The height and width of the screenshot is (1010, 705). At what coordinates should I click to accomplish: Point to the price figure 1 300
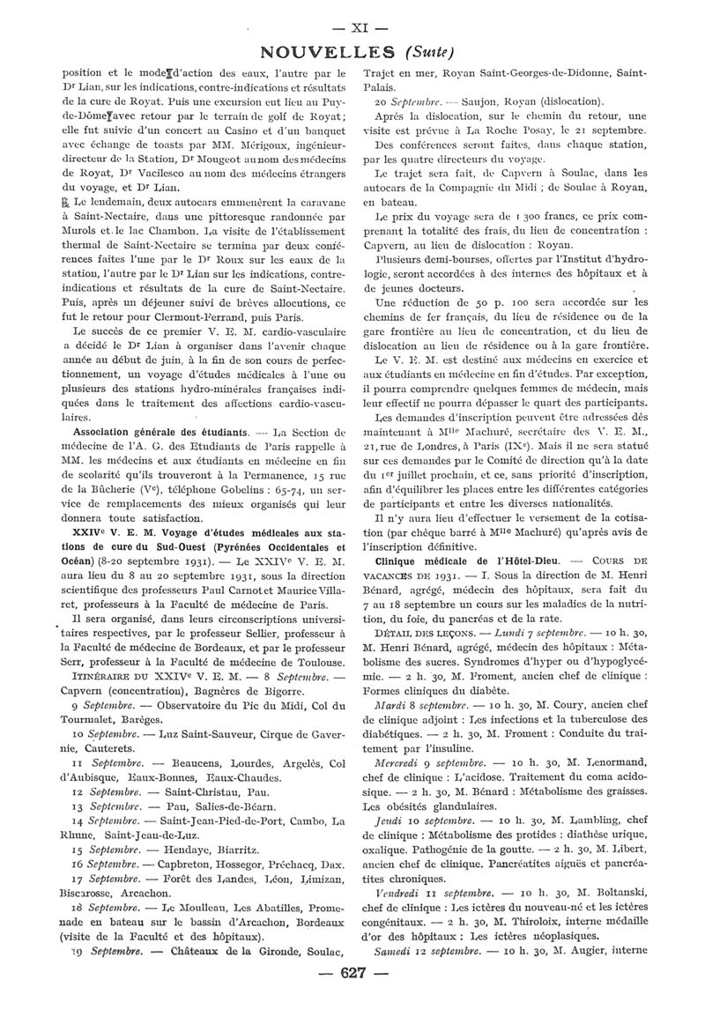pos(494,215)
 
